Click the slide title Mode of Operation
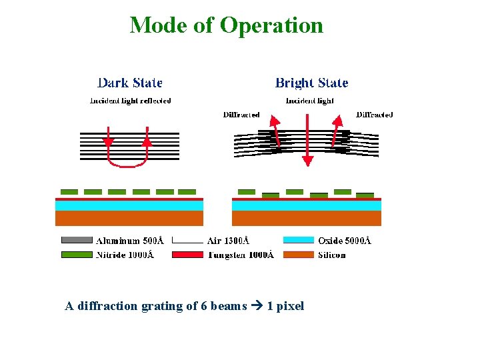point(226,25)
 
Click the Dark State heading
point(129,83)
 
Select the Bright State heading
point(311,83)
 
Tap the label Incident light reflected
point(130,101)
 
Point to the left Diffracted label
point(241,115)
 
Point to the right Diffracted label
point(375,115)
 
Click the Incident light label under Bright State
point(310,101)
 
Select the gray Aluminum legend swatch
point(77,240)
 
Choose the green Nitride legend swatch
point(77,255)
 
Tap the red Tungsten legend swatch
point(187,255)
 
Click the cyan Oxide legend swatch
point(298,240)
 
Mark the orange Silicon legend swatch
point(298,255)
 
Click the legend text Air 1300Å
point(224,241)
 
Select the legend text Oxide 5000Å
point(344,241)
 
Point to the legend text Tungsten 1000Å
point(241,255)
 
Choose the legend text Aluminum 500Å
point(130,241)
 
